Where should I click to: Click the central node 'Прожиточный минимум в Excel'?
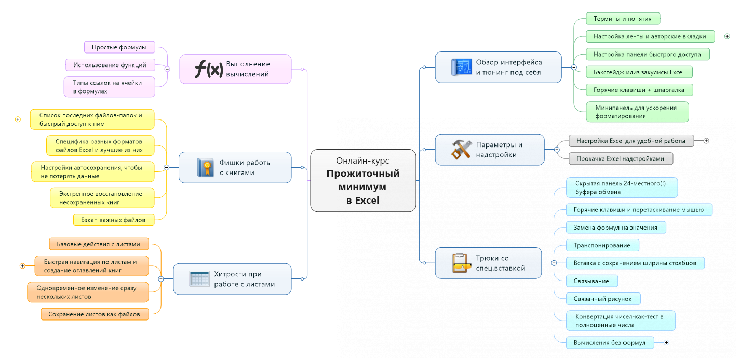[x=363, y=180]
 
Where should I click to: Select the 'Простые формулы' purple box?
[x=119, y=47]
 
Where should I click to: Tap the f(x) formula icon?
[x=208, y=69]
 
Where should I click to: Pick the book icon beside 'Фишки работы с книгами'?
[x=205, y=167]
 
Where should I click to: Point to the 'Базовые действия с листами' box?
[x=99, y=244]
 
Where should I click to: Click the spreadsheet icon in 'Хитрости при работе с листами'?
[x=199, y=279]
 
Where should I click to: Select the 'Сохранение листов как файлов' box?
[x=95, y=314]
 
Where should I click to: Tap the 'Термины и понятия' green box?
[x=622, y=19]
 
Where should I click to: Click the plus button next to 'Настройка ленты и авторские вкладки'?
[x=727, y=36]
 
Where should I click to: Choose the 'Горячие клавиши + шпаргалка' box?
[x=639, y=90]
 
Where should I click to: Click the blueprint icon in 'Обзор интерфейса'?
[x=460, y=67]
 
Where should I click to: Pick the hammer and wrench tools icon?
[x=461, y=150]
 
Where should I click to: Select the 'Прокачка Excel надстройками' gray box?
[x=621, y=158]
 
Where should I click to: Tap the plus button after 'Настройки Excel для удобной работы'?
[x=706, y=141]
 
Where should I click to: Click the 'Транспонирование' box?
[x=602, y=245]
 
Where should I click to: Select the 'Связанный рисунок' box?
[x=603, y=298]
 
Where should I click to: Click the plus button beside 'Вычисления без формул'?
[x=666, y=343]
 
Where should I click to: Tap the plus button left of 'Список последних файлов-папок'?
[x=18, y=119]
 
